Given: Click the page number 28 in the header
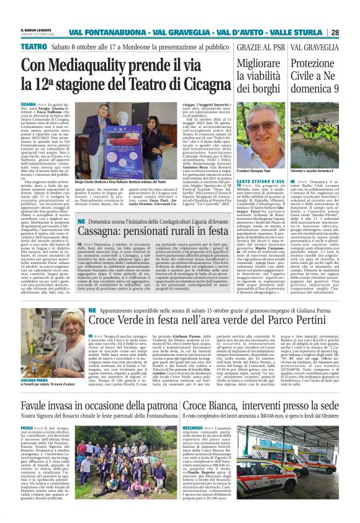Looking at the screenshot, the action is click(x=351, y=32).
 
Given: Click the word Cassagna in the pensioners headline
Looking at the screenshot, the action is click(x=116, y=246).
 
